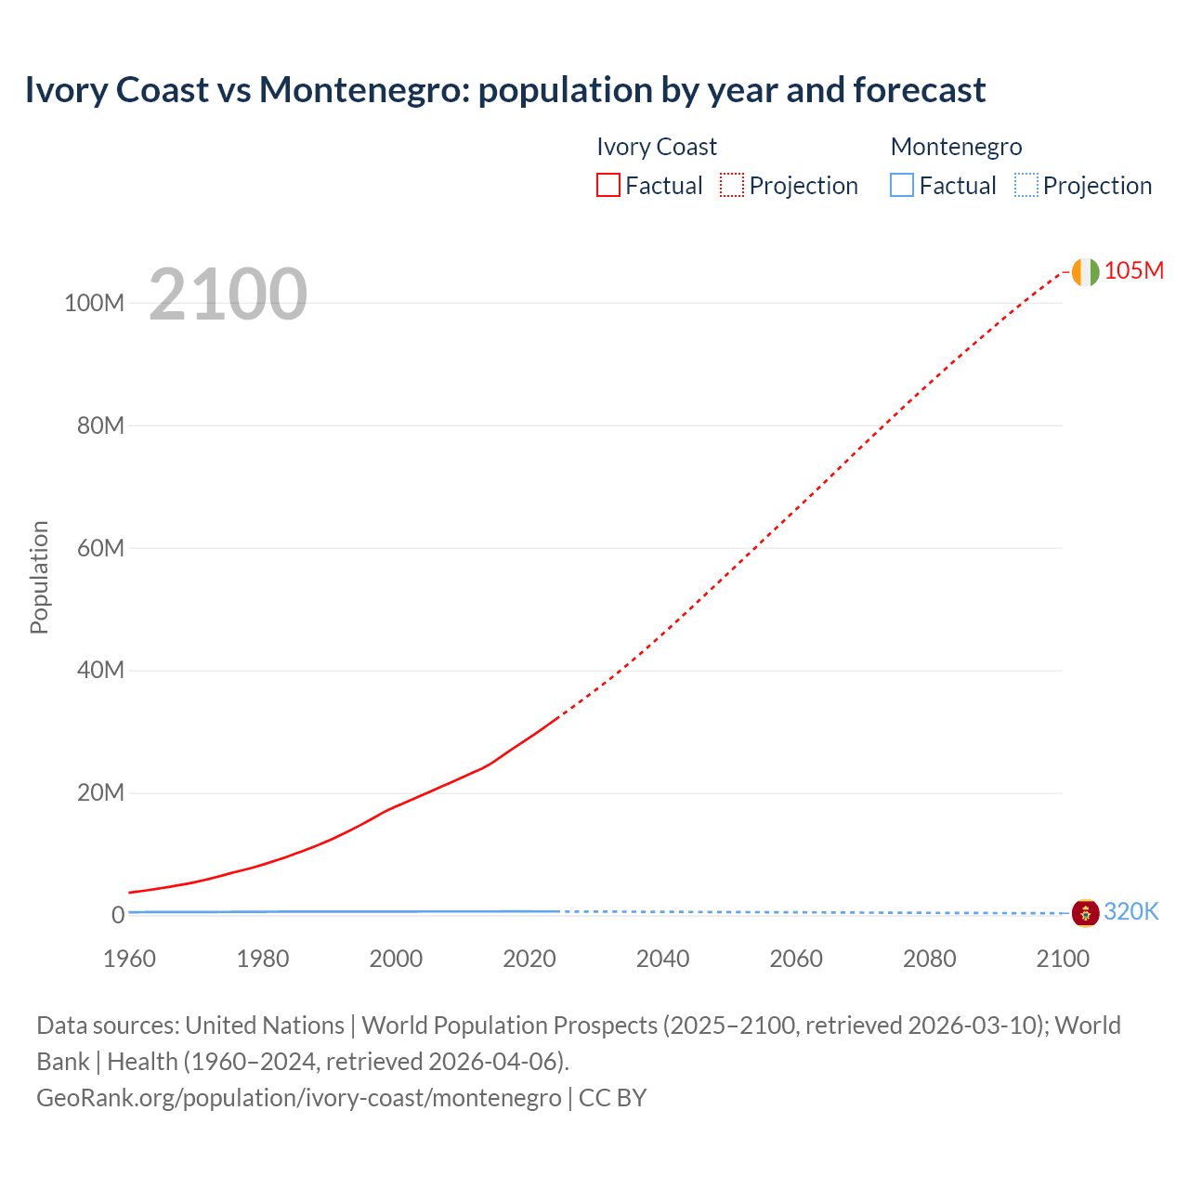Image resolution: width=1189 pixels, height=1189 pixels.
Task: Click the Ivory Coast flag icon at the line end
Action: click(x=1085, y=272)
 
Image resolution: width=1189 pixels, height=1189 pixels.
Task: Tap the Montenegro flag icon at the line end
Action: click(x=1085, y=913)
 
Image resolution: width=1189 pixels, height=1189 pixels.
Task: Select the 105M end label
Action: click(x=1133, y=270)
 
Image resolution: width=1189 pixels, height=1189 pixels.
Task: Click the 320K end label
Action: click(x=1131, y=911)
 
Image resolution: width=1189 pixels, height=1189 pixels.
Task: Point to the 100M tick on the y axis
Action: click(x=94, y=303)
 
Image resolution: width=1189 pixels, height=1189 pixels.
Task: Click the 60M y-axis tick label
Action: click(x=100, y=548)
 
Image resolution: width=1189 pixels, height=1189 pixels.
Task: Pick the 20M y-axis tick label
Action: click(x=100, y=792)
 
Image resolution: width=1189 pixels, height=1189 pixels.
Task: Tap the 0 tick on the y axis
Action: click(x=118, y=915)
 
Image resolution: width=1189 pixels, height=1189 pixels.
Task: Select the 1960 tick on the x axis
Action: click(x=130, y=959)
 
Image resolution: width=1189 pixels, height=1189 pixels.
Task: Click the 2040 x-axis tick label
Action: click(x=662, y=959)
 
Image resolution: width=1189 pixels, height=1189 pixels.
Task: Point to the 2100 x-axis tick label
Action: click(x=1063, y=959)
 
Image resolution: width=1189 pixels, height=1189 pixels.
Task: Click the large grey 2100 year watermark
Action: click(x=228, y=294)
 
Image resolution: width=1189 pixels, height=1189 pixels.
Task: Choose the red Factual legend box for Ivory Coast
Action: click(x=608, y=185)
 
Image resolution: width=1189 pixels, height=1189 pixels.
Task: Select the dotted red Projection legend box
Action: click(x=732, y=185)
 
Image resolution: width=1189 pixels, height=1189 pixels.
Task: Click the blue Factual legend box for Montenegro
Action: click(x=902, y=185)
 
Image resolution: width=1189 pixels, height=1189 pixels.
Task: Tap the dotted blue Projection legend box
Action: click(x=1026, y=185)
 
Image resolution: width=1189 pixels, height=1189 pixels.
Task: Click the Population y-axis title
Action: click(x=39, y=577)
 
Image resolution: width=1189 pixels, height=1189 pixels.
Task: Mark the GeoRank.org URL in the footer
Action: click(x=299, y=1098)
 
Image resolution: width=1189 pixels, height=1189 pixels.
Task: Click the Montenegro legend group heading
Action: click(x=956, y=147)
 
